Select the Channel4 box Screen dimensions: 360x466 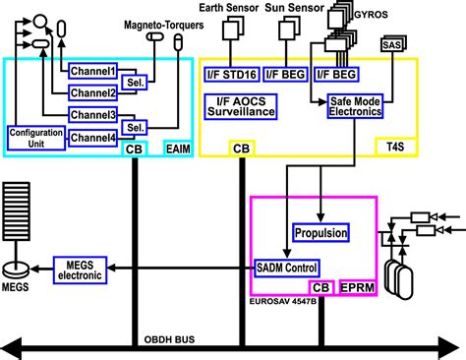(91, 139)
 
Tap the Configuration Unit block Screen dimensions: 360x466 (35, 138)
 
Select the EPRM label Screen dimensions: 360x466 (358, 287)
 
